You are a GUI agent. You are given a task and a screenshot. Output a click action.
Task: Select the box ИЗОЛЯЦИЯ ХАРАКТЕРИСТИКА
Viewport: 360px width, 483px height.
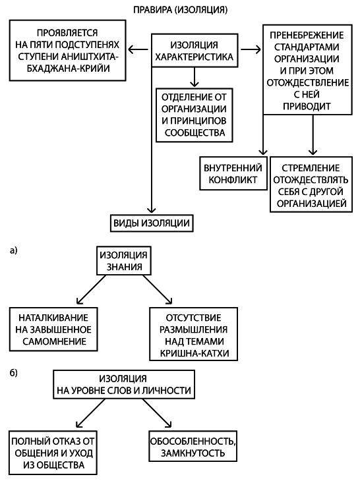193,50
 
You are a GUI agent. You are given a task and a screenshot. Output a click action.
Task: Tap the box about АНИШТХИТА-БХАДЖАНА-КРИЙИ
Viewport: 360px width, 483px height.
69,50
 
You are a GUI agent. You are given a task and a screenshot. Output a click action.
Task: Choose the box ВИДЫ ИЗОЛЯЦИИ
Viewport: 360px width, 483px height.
152,223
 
